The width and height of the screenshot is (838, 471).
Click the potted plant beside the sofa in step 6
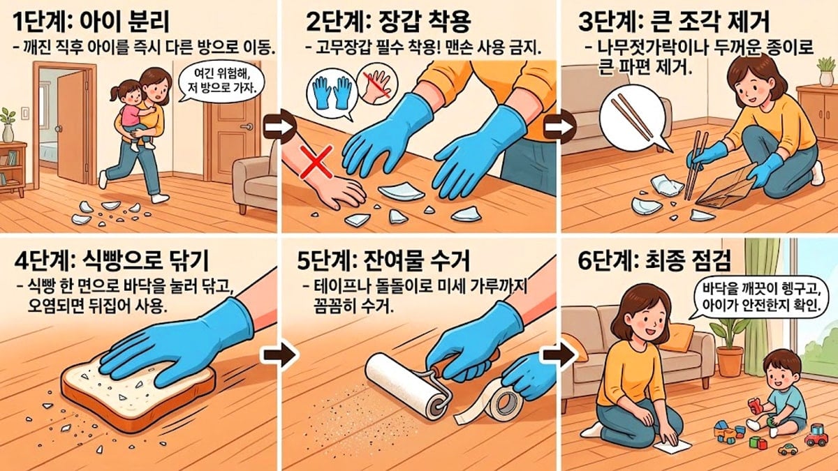pyautogui.click(x=730, y=342)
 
